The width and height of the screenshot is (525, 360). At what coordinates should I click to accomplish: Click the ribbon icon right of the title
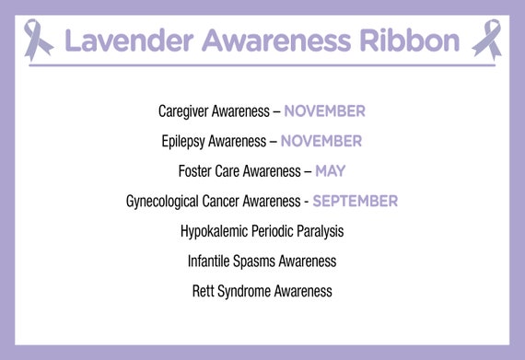486,40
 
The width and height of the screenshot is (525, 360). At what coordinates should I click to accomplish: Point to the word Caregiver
185,111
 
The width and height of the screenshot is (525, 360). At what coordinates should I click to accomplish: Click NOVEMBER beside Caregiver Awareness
324,111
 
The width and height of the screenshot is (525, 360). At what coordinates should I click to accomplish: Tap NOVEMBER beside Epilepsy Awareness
321,141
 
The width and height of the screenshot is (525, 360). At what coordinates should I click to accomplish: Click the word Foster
195,170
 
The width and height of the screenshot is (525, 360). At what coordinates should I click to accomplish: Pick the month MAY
330,170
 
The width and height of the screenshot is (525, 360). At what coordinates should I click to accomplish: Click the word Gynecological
164,201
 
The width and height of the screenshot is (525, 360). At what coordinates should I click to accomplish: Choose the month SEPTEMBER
355,201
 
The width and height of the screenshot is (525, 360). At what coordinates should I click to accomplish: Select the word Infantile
209,261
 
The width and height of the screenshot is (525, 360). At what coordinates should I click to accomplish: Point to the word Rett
203,291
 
